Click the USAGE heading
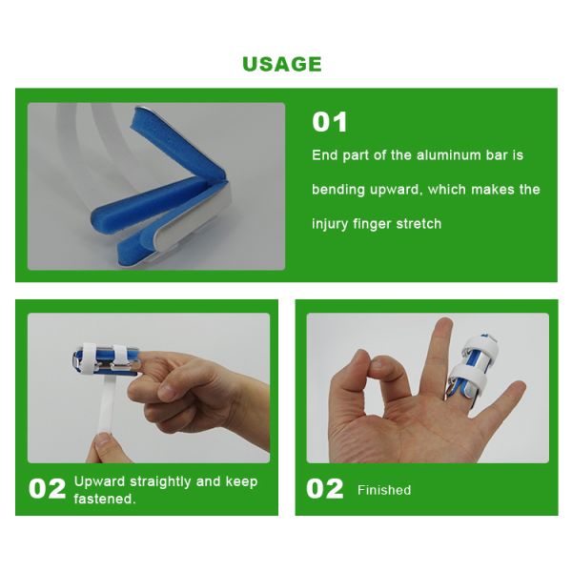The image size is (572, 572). point(282,64)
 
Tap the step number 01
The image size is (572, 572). point(330,122)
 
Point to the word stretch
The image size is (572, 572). point(419,224)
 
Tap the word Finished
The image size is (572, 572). point(384,490)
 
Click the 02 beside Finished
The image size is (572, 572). point(325,489)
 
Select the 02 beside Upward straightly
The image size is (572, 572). point(48,489)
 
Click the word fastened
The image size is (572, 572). point(105,499)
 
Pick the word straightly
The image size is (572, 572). point(160,482)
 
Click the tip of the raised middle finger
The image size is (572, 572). point(444,322)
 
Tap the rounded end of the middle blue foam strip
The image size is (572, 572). point(98,218)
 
